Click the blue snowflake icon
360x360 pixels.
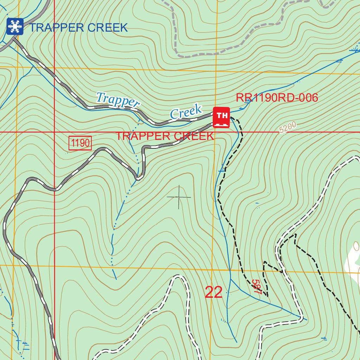click(x=15, y=26)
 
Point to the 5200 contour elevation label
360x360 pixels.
click(x=288, y=127)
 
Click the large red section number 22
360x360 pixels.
click(x=213, y=292)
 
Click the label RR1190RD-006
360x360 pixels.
click(x=277, y=98)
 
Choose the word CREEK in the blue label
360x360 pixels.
click(x=110, y=28)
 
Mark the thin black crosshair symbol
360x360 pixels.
click(x=179, y=197)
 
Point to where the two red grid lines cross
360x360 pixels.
click(x=54, y=133)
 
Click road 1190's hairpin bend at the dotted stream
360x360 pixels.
click(x=139, y=178)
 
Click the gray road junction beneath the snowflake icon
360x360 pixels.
click(x=14, y=39)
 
